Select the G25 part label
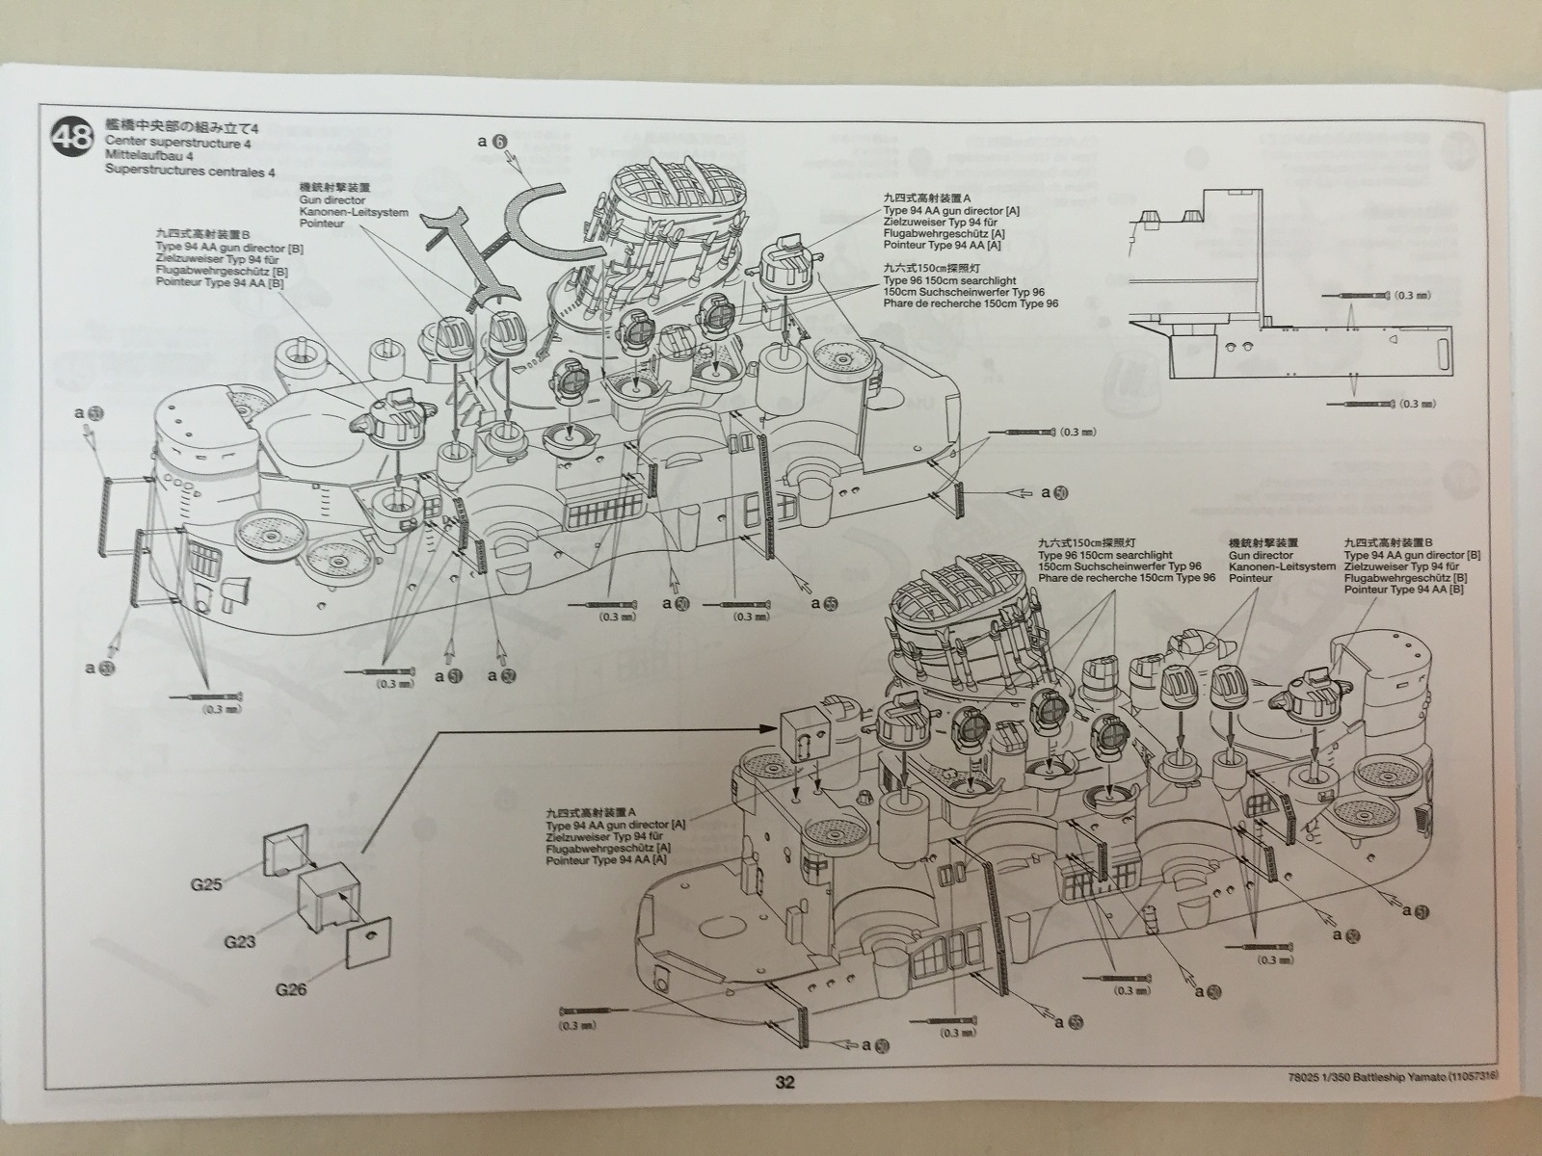pos(207,883)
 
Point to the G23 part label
pos(240,940)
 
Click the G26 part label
pos(290,989)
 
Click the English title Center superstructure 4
pos(178,143)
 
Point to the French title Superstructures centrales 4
pos(190,171)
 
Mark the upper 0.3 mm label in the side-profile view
pos(1414,295)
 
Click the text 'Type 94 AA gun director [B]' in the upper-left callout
pos(228,249)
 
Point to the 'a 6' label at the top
pos(492,142)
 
